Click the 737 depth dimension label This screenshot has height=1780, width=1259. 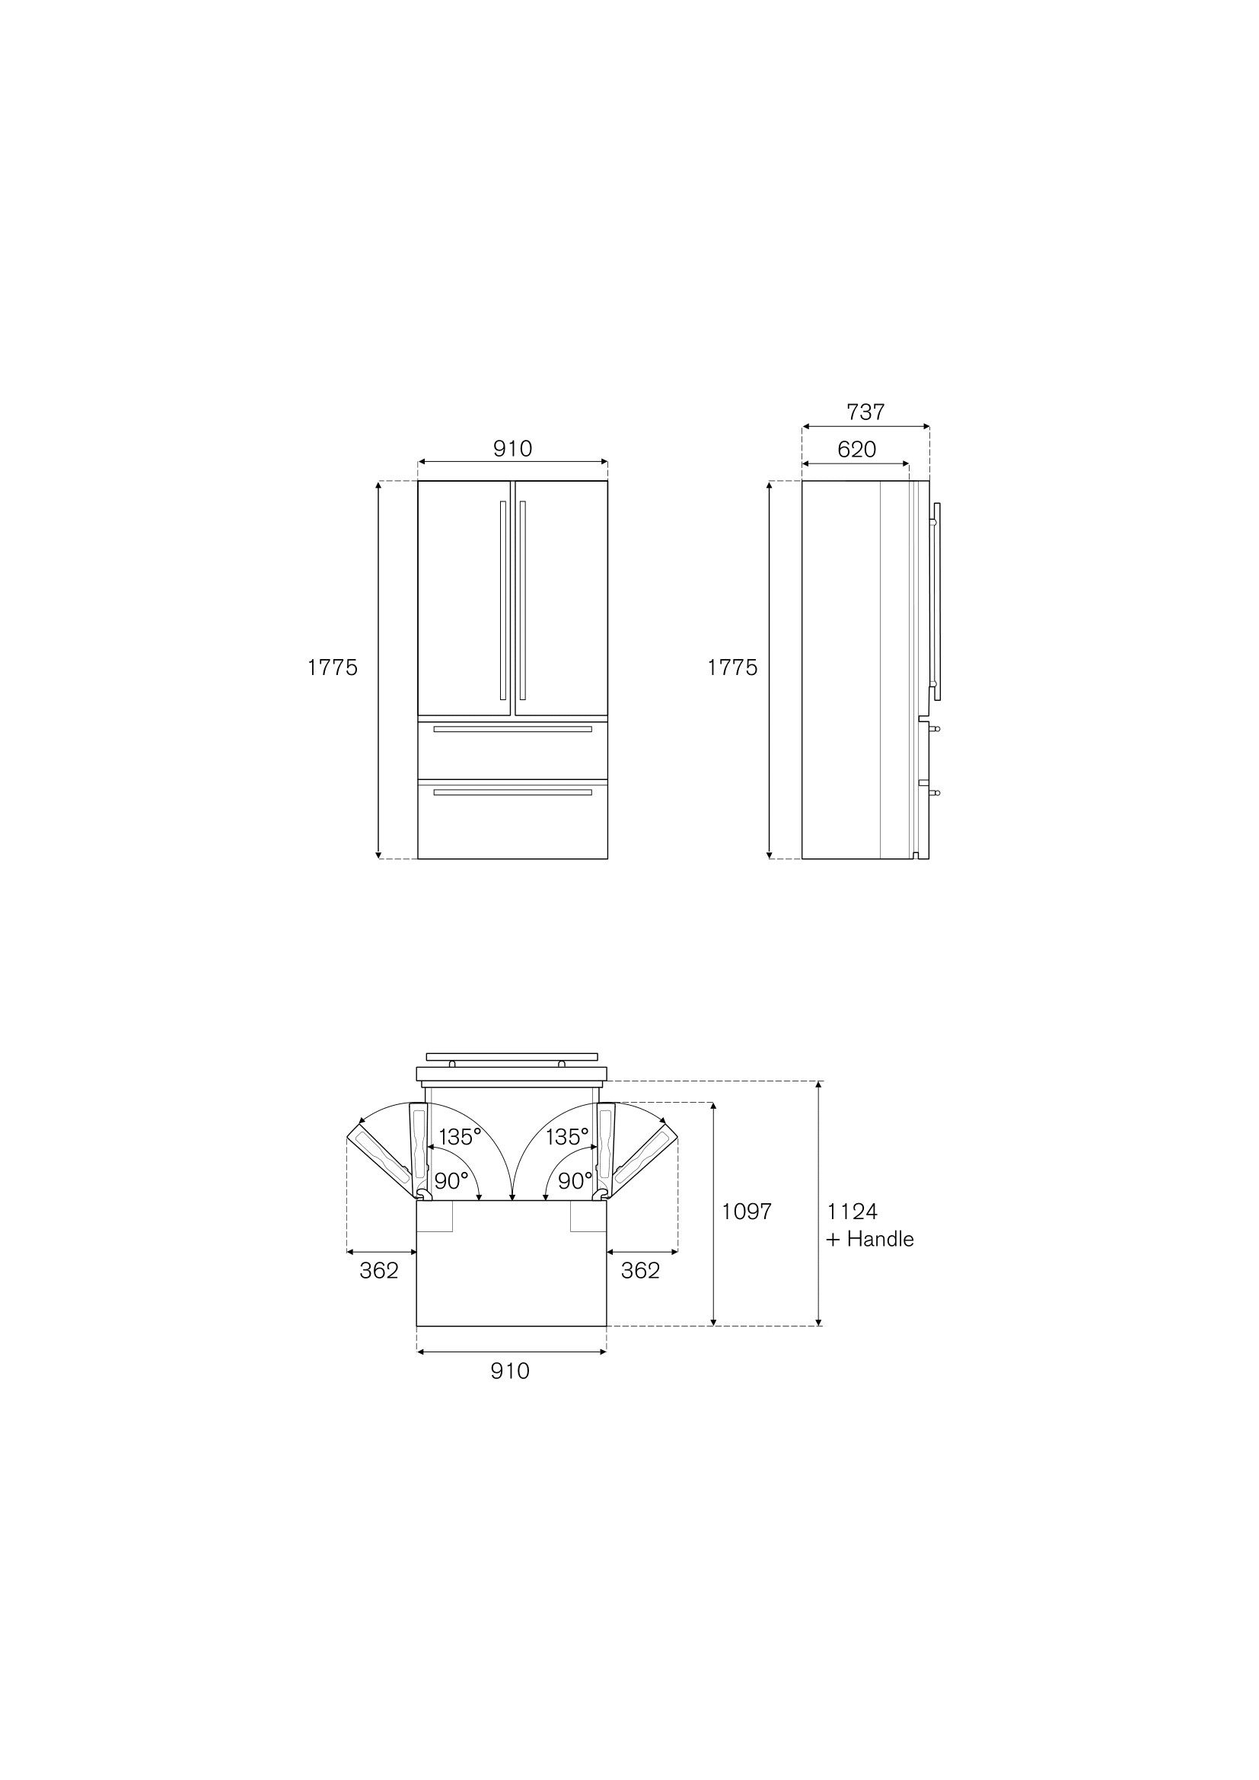click(x=865, y=412)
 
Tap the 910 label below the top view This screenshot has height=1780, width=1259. click(x=510, y=1371)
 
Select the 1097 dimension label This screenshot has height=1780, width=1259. click(x=747, y=1211)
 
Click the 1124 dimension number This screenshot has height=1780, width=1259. click(x=852, y=1211)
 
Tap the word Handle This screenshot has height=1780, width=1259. click(x=880, y=1239)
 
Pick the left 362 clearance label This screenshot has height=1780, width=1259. click(x=379, y=1270)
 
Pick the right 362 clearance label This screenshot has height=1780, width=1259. click(x=640, y=1270)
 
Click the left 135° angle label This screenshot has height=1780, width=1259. click(x=460, y=1136)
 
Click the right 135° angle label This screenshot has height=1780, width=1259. click(x=568, y=1136)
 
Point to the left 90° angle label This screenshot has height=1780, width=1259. click(x=451, y=1181)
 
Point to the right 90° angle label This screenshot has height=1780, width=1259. click(x=575, y=1181)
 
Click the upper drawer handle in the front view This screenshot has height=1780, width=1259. click(x=512, y=729)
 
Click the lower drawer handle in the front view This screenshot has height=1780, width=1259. click(x=512, y=792)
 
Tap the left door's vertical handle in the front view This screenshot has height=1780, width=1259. click(x=503, y=598)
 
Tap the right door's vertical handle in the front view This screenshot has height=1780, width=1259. click(x=523, y=598)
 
